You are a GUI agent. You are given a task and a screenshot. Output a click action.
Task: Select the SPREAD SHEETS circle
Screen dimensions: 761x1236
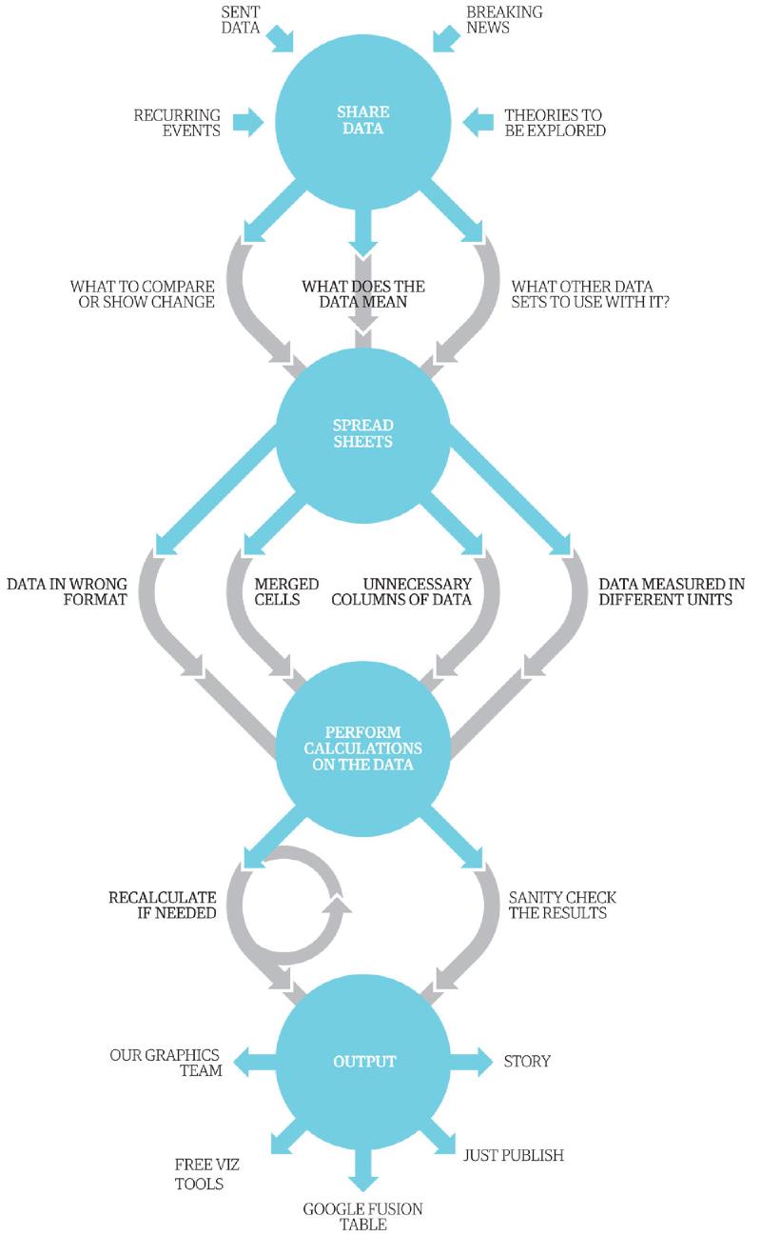363,434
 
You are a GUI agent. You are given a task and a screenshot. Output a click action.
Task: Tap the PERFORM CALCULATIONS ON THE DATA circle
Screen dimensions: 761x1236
363,748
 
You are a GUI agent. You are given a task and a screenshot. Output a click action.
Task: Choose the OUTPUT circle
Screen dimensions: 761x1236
363,1061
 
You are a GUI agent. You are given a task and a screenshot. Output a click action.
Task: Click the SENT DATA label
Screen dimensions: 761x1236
241,20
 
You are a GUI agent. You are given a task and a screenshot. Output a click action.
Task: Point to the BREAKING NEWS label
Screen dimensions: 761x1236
504,20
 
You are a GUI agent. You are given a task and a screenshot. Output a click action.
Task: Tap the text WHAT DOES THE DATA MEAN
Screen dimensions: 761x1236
363,294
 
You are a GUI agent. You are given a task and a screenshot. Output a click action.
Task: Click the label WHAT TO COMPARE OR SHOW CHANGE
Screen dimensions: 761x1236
142,294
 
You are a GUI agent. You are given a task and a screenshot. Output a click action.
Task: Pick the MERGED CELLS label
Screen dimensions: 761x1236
286,591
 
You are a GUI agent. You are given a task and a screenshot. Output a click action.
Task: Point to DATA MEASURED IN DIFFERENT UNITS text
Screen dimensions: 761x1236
672,591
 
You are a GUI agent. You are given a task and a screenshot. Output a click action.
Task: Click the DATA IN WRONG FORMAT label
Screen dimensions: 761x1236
67,591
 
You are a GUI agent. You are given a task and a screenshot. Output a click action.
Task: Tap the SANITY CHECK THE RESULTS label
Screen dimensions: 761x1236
562,905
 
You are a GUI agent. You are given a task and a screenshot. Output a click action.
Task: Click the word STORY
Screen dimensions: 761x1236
527,1061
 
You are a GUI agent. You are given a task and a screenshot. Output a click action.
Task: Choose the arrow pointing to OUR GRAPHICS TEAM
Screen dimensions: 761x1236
254,1061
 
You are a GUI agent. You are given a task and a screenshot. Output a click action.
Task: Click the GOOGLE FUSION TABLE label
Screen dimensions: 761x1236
363,1217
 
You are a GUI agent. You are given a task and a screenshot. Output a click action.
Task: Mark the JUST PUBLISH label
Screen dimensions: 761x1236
514,1155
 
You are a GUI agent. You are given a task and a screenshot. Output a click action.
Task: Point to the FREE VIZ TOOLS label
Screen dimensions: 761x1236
206,1174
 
